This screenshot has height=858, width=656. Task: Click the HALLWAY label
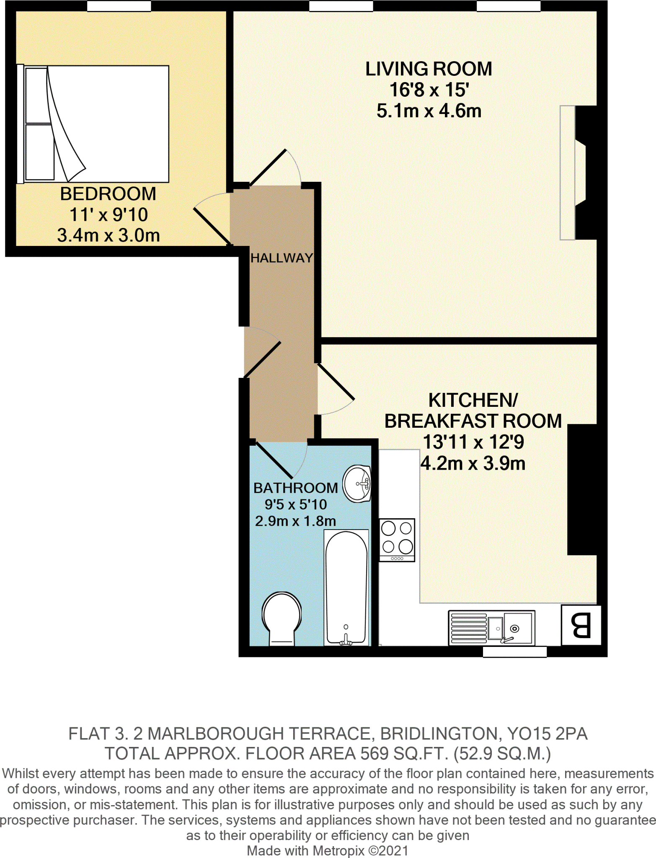pos(282,258)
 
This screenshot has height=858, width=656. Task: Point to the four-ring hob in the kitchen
pos(397,540)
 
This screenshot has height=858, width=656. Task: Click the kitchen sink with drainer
pos(491,628)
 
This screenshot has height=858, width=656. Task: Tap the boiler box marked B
pos(581,625)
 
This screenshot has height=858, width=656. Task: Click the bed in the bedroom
pos(96,124)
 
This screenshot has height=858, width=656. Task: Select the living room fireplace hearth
pos(568,173)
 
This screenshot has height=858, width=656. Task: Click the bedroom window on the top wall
pos(119,6)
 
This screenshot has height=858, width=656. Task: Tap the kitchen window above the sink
pos(514,652)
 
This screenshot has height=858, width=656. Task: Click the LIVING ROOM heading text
pos(429,69)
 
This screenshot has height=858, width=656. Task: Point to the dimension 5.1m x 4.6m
pos(429,111)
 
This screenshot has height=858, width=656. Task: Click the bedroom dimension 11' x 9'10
pos(108,214)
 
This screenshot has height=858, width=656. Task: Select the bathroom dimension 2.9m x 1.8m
pos(295,521)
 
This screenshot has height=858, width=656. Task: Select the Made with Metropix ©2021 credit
pos(327,851)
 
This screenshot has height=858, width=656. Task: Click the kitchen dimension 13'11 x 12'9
pos(473,442)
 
